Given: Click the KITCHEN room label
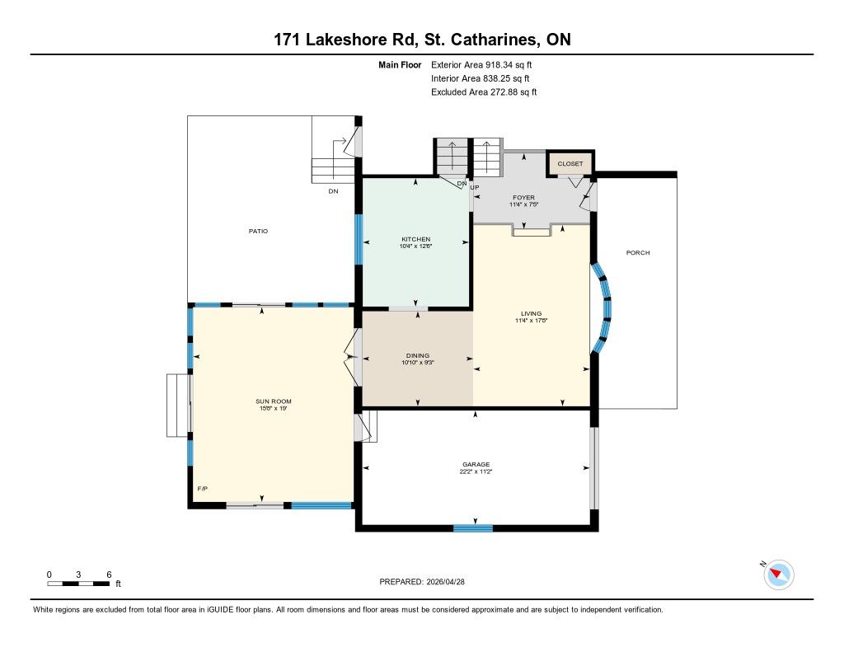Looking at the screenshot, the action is click(x=416, y=239).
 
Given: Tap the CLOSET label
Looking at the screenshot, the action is click(x=570, y=164).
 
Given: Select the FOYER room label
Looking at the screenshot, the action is click(x=523, y=198).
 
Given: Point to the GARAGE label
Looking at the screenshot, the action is click(x=476, y=464).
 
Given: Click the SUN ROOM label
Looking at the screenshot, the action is click(x=274, y=401).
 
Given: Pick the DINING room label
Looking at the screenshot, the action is click(x=418, y=355).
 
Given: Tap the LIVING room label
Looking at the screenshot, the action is click(x=532, y=313).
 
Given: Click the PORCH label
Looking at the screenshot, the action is click(x=638, y=252).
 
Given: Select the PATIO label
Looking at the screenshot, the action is click(x=258, y=231).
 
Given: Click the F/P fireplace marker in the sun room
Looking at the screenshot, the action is click(x=203, y=489).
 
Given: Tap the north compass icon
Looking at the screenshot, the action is click(x=778, y=575).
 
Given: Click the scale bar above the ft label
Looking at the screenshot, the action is click(x=78, y=584).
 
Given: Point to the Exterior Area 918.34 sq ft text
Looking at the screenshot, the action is click(x=481, y=64).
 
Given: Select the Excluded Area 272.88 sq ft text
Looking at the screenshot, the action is click(x=484, y=92).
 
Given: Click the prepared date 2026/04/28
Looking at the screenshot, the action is click(x=445, y=581).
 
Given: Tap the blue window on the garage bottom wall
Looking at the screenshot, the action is click(x=473, y=528).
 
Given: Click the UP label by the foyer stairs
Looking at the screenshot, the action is click(x=475, y=187).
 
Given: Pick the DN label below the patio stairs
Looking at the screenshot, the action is click(x=333, y=191).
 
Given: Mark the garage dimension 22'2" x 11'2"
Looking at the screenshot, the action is click(x=476, y=471).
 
